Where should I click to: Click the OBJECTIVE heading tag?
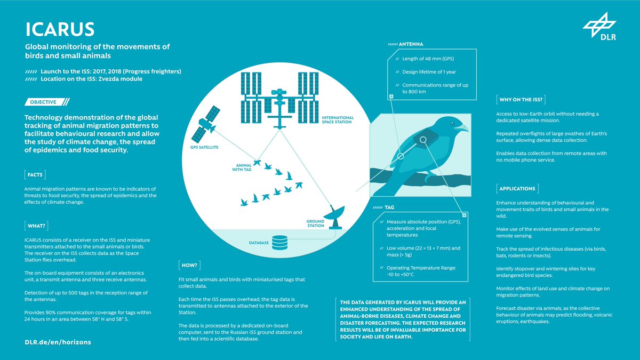[x=47, y=101]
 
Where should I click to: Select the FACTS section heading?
[x=36, y=174]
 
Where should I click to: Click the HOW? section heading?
[x=189, y=264]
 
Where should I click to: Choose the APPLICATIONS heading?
[x=518, y=188]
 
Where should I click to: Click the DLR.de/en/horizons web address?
[x=58, y=341]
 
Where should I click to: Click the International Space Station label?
[x=337, y=120]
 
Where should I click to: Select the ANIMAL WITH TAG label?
[x=237, y=168]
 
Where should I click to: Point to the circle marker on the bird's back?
[x=423, y=140]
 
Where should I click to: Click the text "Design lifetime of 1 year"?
[x=429, y=71]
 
